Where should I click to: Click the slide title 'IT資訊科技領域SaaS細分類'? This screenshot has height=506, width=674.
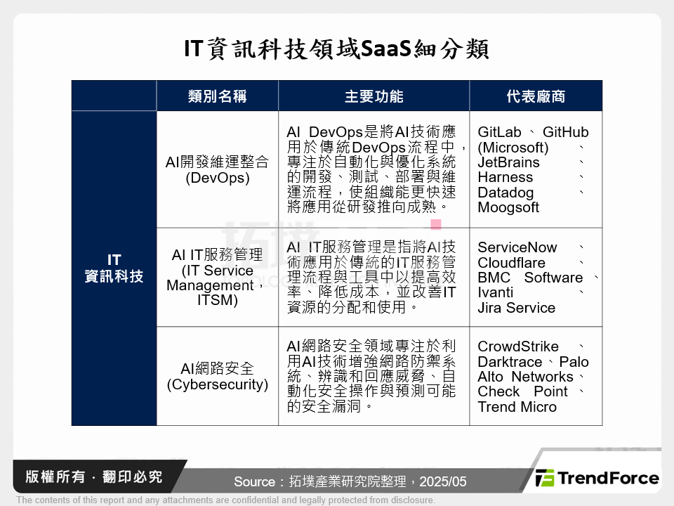coord(336,49)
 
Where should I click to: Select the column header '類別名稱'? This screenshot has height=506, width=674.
coord(218,96)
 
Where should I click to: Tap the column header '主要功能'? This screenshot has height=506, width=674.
coord(374,96)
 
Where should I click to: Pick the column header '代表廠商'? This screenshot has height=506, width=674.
coord(536,96)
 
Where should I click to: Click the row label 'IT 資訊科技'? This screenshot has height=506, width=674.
coord(114,268)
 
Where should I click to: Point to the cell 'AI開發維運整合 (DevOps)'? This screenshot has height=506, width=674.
coord(218,169)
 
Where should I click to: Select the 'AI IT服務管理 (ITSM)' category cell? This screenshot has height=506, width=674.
coord(218,278)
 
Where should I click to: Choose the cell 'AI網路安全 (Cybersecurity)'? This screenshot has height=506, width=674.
coord(218,377)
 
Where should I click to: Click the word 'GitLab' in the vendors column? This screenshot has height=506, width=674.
coord(499,132)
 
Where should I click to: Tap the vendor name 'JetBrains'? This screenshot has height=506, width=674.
coord(509,162)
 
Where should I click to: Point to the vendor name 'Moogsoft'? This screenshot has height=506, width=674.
coord(508,207)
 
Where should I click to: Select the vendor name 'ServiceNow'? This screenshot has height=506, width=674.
coord(517,247)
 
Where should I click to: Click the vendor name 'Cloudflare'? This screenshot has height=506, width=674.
coord(511,263)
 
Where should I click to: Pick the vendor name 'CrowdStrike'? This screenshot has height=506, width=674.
coord(518,346)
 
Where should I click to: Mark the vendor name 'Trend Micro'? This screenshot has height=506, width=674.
coord(517,407)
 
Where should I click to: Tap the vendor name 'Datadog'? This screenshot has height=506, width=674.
coord(505,193)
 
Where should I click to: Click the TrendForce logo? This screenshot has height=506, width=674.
coord(597,479)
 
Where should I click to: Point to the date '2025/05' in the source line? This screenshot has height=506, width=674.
coord(442,482)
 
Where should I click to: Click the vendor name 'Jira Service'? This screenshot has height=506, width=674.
coord(516,308)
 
